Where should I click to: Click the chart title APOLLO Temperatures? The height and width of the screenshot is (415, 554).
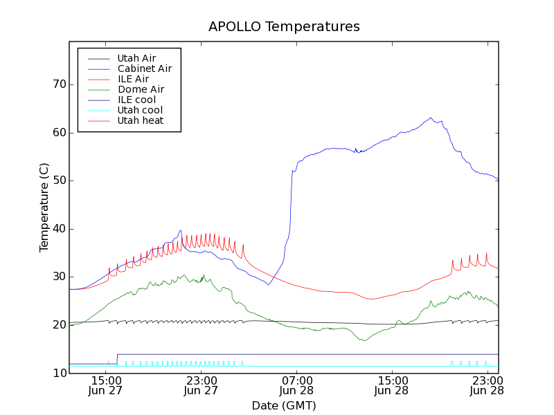(284, 27)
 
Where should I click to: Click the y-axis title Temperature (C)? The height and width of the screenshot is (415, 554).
(44, 207)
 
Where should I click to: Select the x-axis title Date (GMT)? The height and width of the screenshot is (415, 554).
(284, 405)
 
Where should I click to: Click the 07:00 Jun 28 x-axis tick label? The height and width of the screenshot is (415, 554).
(296, 385)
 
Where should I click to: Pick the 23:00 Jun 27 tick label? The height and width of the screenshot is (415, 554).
(201, 385)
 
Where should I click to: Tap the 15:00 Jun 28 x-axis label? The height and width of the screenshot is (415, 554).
(392, 385)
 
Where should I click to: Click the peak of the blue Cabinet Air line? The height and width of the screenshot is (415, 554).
(431, 118)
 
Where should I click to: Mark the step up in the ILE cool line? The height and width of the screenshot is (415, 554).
(117, 359)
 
